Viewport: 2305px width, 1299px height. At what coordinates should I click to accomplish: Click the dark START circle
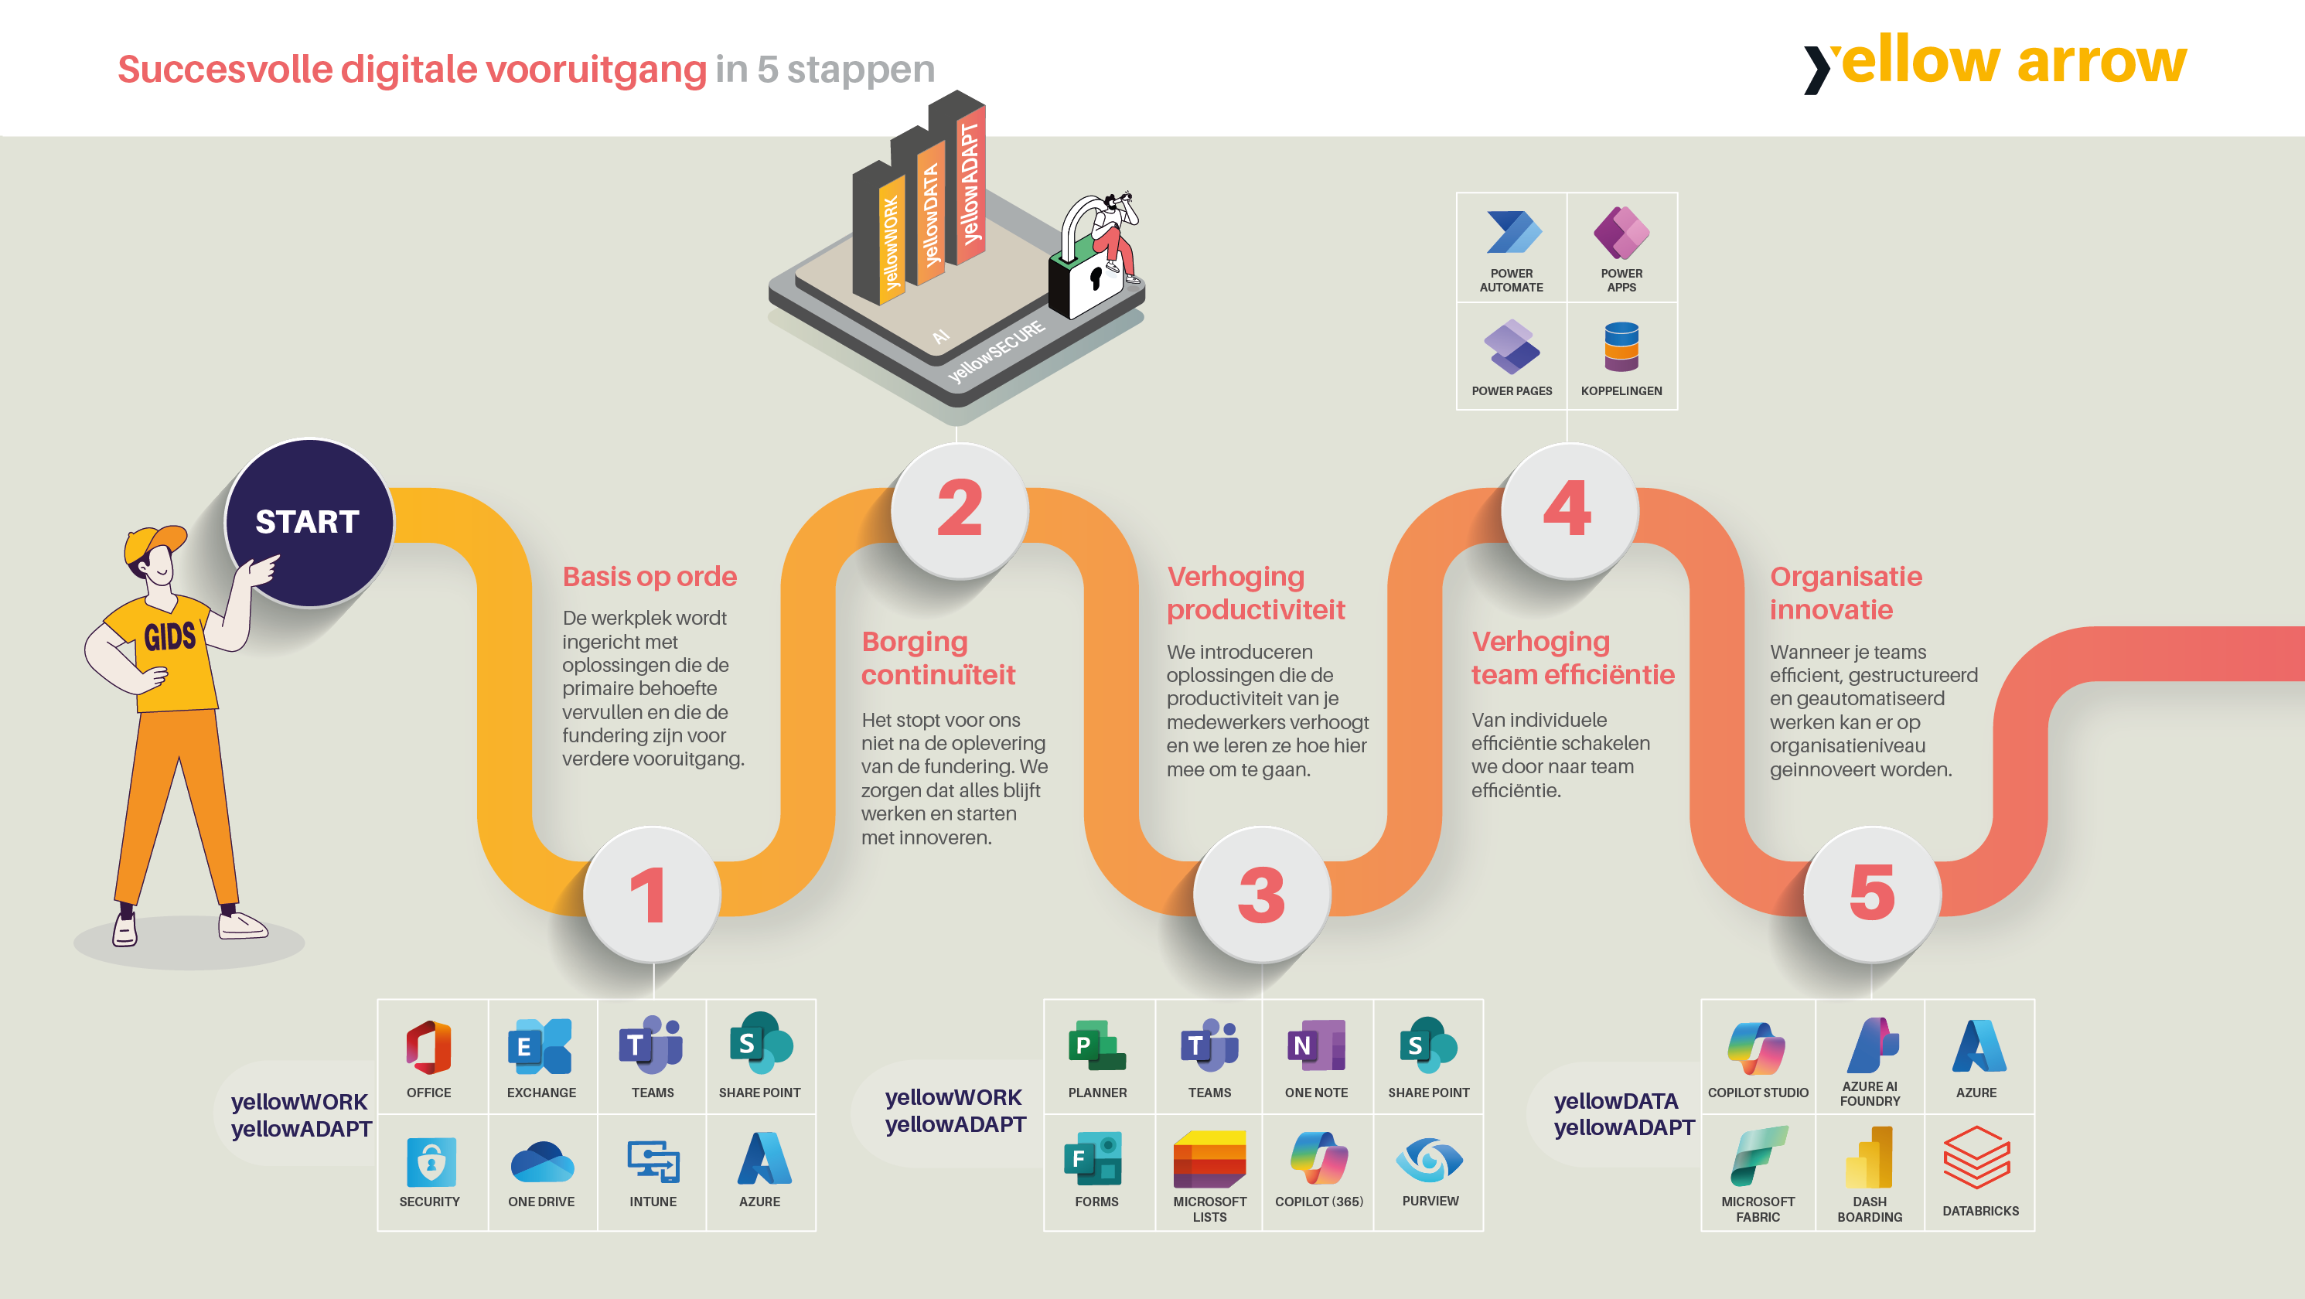tap(309, 523)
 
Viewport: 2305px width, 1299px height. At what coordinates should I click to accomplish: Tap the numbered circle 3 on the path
tap(1262, 894)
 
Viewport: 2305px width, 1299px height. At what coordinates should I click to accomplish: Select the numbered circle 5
tap(1872, 894)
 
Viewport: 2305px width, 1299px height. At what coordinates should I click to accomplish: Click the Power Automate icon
tap(1512, 233)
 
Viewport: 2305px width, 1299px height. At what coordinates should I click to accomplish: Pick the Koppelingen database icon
tap(1621, 347)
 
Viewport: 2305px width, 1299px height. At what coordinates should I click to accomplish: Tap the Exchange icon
tap(540, 1046)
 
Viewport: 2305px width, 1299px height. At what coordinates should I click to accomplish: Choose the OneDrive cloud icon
tap(541, 1162)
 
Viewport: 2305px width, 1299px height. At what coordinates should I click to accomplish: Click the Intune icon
tap(653, 1162)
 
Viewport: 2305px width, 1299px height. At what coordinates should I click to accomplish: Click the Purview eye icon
tap(1429, 1161)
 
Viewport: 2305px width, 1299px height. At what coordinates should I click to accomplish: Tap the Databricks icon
tap(1977, 1158)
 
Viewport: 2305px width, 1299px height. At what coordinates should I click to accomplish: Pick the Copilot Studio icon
tap(1758, 1047)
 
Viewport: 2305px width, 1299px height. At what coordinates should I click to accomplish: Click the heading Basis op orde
tap(650, 577)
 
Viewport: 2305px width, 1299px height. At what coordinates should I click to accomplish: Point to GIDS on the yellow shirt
tap(170, 637)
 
